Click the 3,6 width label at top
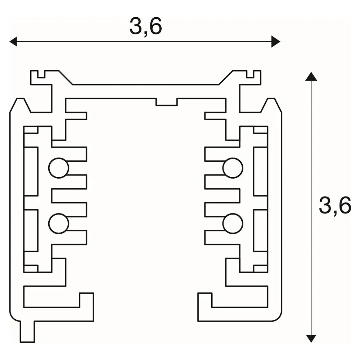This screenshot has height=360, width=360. point(145,26)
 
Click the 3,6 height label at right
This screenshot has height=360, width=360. point(335,205)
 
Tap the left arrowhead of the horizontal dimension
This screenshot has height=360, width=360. point(13,41)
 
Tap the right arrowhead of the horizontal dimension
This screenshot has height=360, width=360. point(276,41)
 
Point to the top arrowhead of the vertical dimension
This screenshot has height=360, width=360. point(311,77)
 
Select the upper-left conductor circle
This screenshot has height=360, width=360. point(59,168)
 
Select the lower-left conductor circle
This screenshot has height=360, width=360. point(59,224)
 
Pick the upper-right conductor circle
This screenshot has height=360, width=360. point(233,168)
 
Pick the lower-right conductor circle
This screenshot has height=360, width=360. point(233,224)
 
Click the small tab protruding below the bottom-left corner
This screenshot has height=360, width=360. point(28,331)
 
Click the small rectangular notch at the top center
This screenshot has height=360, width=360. point(166,102)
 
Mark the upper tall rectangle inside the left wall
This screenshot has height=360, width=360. point(31,171)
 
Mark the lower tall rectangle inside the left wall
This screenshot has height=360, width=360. point(31,230)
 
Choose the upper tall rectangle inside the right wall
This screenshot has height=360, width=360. point(261,171)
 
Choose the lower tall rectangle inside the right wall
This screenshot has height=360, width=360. point(261,230)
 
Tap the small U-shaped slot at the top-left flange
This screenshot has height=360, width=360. point(41,75)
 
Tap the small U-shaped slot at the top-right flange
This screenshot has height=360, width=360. point(250,75)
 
